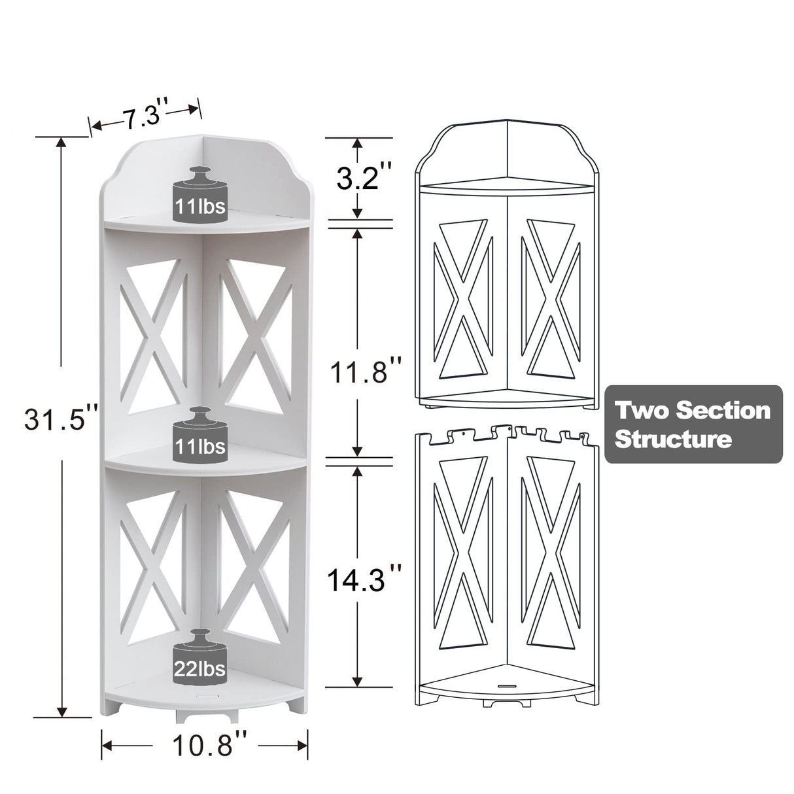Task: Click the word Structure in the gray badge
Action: tap(674, 439)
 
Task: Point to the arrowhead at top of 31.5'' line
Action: tap(61, 143)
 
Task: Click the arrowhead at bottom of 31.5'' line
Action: tap(61, 730)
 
